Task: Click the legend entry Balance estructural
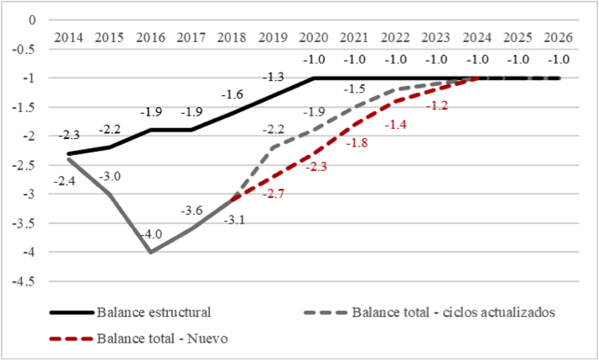pyautogui.click(x=153, y=312)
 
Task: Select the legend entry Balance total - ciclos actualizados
pyautogui.click(x=452, y=312)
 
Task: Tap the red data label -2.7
pyautogui.click(x=275, y=195)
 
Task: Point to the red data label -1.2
pyautogui.click(x=437, y=106)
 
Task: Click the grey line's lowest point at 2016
pyautogui.click(x=150, y=252)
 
